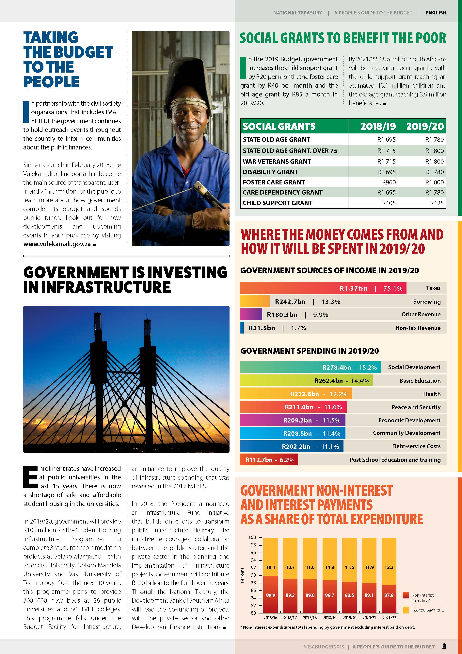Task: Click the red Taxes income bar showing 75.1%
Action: (x=323, y=288)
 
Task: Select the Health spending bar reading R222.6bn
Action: (x=296, y=394)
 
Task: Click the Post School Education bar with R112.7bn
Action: (x=269, y=460)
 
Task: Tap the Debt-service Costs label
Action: (x=416, y=446)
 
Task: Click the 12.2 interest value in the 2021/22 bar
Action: (x=389, y=567)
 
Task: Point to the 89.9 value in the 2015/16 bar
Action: (x=270, y=595)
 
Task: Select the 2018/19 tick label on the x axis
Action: (x=330, y=618)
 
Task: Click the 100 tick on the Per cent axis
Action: (x=252, y=537)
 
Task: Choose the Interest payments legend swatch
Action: (x=406, y=610)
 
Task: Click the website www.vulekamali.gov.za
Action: (x=57, y=244)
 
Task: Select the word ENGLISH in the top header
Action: (x=436, y=13)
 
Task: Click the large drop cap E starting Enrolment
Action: (x=30, y=476)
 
